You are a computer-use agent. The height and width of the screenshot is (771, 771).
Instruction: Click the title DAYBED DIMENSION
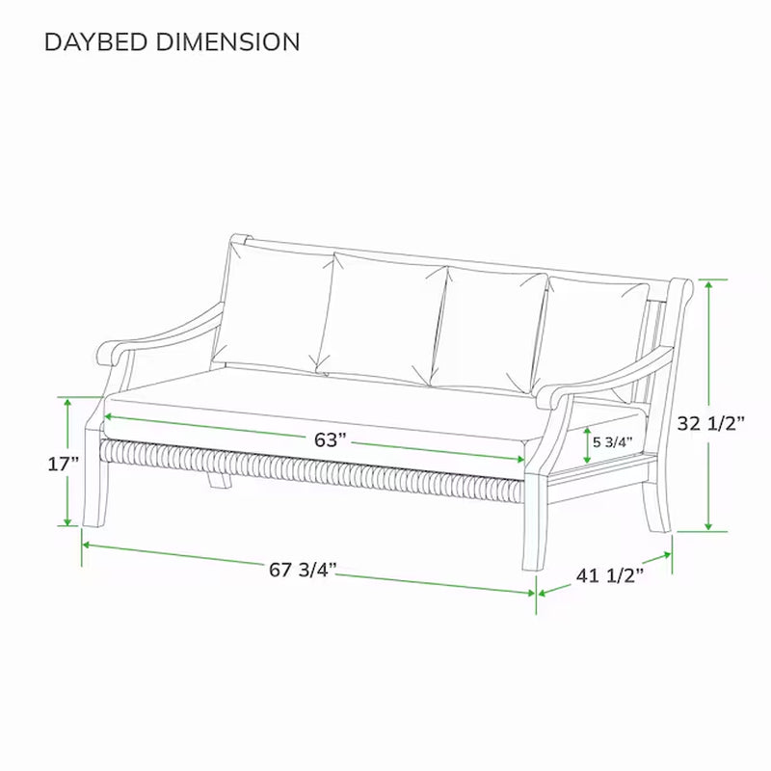[173, 42]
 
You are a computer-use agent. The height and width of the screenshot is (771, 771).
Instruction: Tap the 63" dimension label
[330, 439]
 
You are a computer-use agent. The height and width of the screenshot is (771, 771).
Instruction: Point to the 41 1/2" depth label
[610, 575]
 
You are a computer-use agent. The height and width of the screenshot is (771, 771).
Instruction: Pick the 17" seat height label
[63, 464]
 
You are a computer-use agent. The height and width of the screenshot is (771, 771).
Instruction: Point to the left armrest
[164, 332]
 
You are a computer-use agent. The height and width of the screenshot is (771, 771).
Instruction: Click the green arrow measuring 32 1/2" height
[709, 405]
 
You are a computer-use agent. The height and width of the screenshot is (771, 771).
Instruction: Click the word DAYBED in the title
[93, 42]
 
